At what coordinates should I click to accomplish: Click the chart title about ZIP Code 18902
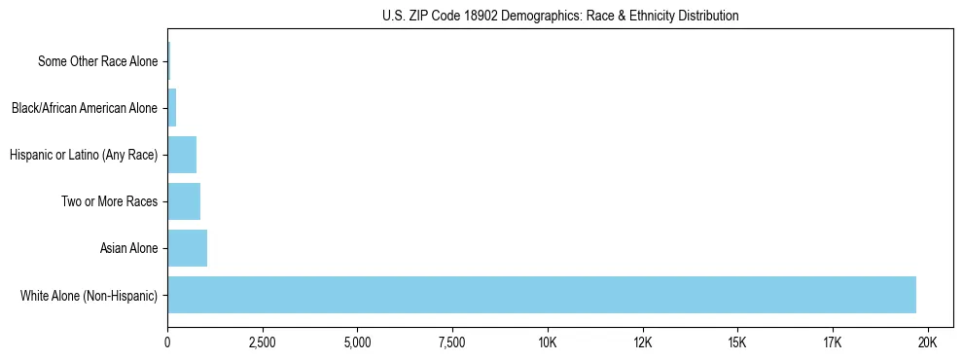(x=559, y=16)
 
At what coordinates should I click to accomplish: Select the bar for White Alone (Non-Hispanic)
(x=542, y=295)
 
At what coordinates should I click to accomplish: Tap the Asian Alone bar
(x=187, y=248)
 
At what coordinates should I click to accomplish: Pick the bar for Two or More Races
(x=184, y=201)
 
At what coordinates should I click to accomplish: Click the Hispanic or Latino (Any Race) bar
(x=182, y=155)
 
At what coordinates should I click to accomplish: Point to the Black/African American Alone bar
(x=172, y=108)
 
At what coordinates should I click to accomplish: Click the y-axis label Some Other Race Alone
(x=97, y=61)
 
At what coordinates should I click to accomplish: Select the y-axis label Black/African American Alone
(x=84, y=108)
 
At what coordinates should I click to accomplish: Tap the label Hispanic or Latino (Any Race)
(x=83, y=155)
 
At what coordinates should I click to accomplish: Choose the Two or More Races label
(x=115, y=201)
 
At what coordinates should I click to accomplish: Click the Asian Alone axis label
(x=128, y=248)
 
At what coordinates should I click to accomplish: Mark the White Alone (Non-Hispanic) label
(x=89, y=295)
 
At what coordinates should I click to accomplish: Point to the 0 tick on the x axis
(x=167, y=342)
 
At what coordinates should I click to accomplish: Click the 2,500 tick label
(x=263, y=342)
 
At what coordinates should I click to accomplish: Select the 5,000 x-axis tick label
(x=357, y=342)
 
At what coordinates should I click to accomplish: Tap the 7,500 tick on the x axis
(x=452, y=342)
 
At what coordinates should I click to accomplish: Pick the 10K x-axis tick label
(x=548, y=342)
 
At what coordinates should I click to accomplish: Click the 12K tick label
(x=642, y=342)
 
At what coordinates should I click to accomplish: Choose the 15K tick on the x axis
(x=737, y=342)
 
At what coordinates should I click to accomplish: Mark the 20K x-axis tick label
(x=927, y=342)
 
